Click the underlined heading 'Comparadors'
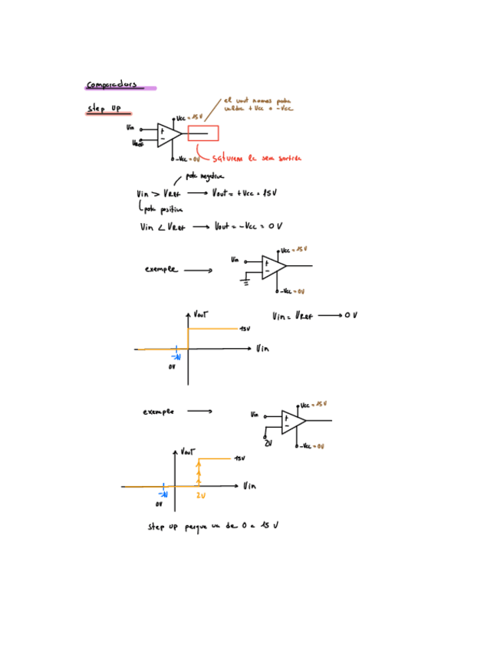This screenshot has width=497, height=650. point(111,84)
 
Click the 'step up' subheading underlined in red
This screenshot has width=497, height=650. point(104,110)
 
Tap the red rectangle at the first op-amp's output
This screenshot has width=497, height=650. point(203,133)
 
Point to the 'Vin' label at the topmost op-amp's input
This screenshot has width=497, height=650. point(130,128)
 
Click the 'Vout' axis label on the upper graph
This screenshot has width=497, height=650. point(201,314)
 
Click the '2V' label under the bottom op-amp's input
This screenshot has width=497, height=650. point(268,444)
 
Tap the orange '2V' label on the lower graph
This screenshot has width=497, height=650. point(200,496)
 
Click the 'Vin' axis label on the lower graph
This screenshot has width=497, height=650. point(249,486)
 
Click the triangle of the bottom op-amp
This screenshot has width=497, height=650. point(291,422)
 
